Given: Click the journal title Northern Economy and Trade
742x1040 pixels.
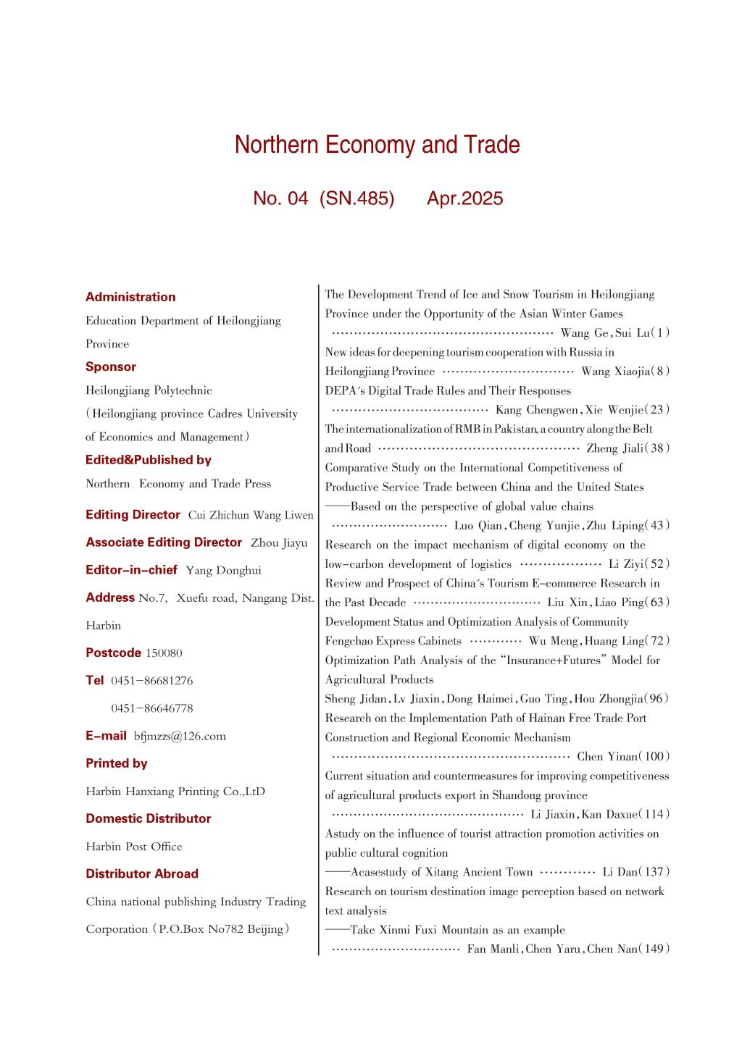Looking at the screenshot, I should pyautogui.click(x=377, y=145).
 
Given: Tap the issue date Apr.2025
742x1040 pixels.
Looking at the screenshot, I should pyautogui.click(x=464, y=198).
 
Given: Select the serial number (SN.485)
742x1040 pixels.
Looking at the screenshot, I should pyautogui.click(x=357, y=198).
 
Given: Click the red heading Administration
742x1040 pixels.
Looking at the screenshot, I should pyautogui.click(x=130, y=297).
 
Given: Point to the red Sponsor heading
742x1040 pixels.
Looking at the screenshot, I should pyautogui.click(x=111, y=366).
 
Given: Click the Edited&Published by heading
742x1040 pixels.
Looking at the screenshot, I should pyautogui.click(x=149, y=460).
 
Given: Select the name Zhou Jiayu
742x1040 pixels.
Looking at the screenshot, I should pyautogui.click(x=279, y=542).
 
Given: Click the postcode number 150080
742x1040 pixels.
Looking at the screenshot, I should pyautogui.click(x=164, y=653).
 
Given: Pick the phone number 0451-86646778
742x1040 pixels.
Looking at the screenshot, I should pyautogui.click(x=152, y=708).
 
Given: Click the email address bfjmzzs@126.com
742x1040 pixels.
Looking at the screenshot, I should pyautogui.click(x=180, y=736).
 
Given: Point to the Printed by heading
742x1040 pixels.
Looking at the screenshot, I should pyautogui.click(x=116, y=763).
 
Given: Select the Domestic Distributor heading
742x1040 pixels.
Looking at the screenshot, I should pyautogui.click(x=149, y=818).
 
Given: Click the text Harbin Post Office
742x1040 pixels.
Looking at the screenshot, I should pyautogui.click(x=134, y=847).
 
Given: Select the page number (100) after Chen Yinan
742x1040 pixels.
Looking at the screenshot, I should pyautogui.click(x=654, y=757).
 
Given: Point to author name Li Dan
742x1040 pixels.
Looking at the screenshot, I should pyautogui.click(x=618, y=872).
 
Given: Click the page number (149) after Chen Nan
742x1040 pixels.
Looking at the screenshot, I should pyautogui.click(x=654, y=949).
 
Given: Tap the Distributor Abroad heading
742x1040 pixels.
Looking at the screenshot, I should pyautogui.click(x=142, y=873).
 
